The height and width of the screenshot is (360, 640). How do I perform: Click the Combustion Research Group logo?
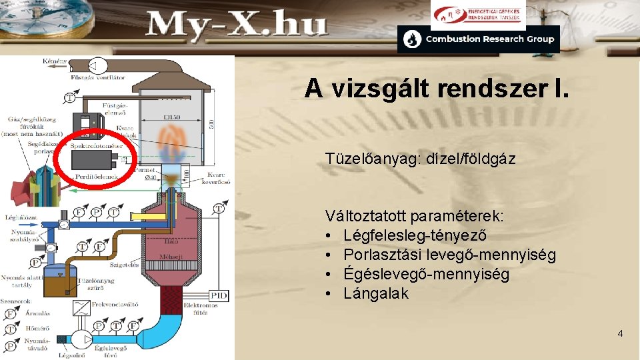(x=479, y=39)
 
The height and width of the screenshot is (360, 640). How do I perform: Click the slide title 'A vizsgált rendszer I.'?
(x=437, y=89)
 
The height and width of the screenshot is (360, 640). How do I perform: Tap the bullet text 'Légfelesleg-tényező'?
(x=415, y=236)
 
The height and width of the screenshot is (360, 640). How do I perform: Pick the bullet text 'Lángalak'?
(x=376, y=293)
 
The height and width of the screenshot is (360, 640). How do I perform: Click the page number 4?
(x=620, y=333)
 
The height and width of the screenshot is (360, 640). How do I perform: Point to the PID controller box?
(x=218, y=295)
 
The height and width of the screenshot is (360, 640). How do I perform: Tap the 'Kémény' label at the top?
(x=55, y=61)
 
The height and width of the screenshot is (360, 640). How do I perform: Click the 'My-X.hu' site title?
(x=237, y=26)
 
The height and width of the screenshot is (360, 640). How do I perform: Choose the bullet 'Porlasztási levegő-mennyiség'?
(x=450, y=255)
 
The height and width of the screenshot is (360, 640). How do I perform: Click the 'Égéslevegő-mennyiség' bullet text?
(x=427, y=275)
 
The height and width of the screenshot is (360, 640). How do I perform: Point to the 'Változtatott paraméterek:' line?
(x=415, y=217)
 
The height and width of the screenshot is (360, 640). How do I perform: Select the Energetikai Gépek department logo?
(x=477, y=14)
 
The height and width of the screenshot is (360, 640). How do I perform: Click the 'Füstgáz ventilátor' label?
(x=98, y=77)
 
